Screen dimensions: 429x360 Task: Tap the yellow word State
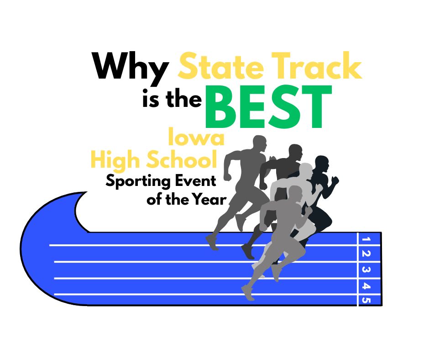pyautogui.click(x=221, y=66)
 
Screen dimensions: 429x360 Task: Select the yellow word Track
pyautogui.click(x=317, y=65)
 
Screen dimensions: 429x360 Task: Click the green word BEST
pyautogui.click(x=269, y=107)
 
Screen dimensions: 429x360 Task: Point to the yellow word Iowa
pyautogui.click(x=196, y=137)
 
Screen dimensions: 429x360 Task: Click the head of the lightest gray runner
pyautogui.click(x=306, y=171)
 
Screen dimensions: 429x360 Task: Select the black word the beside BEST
pyautogui.click(x=183, y=99)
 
